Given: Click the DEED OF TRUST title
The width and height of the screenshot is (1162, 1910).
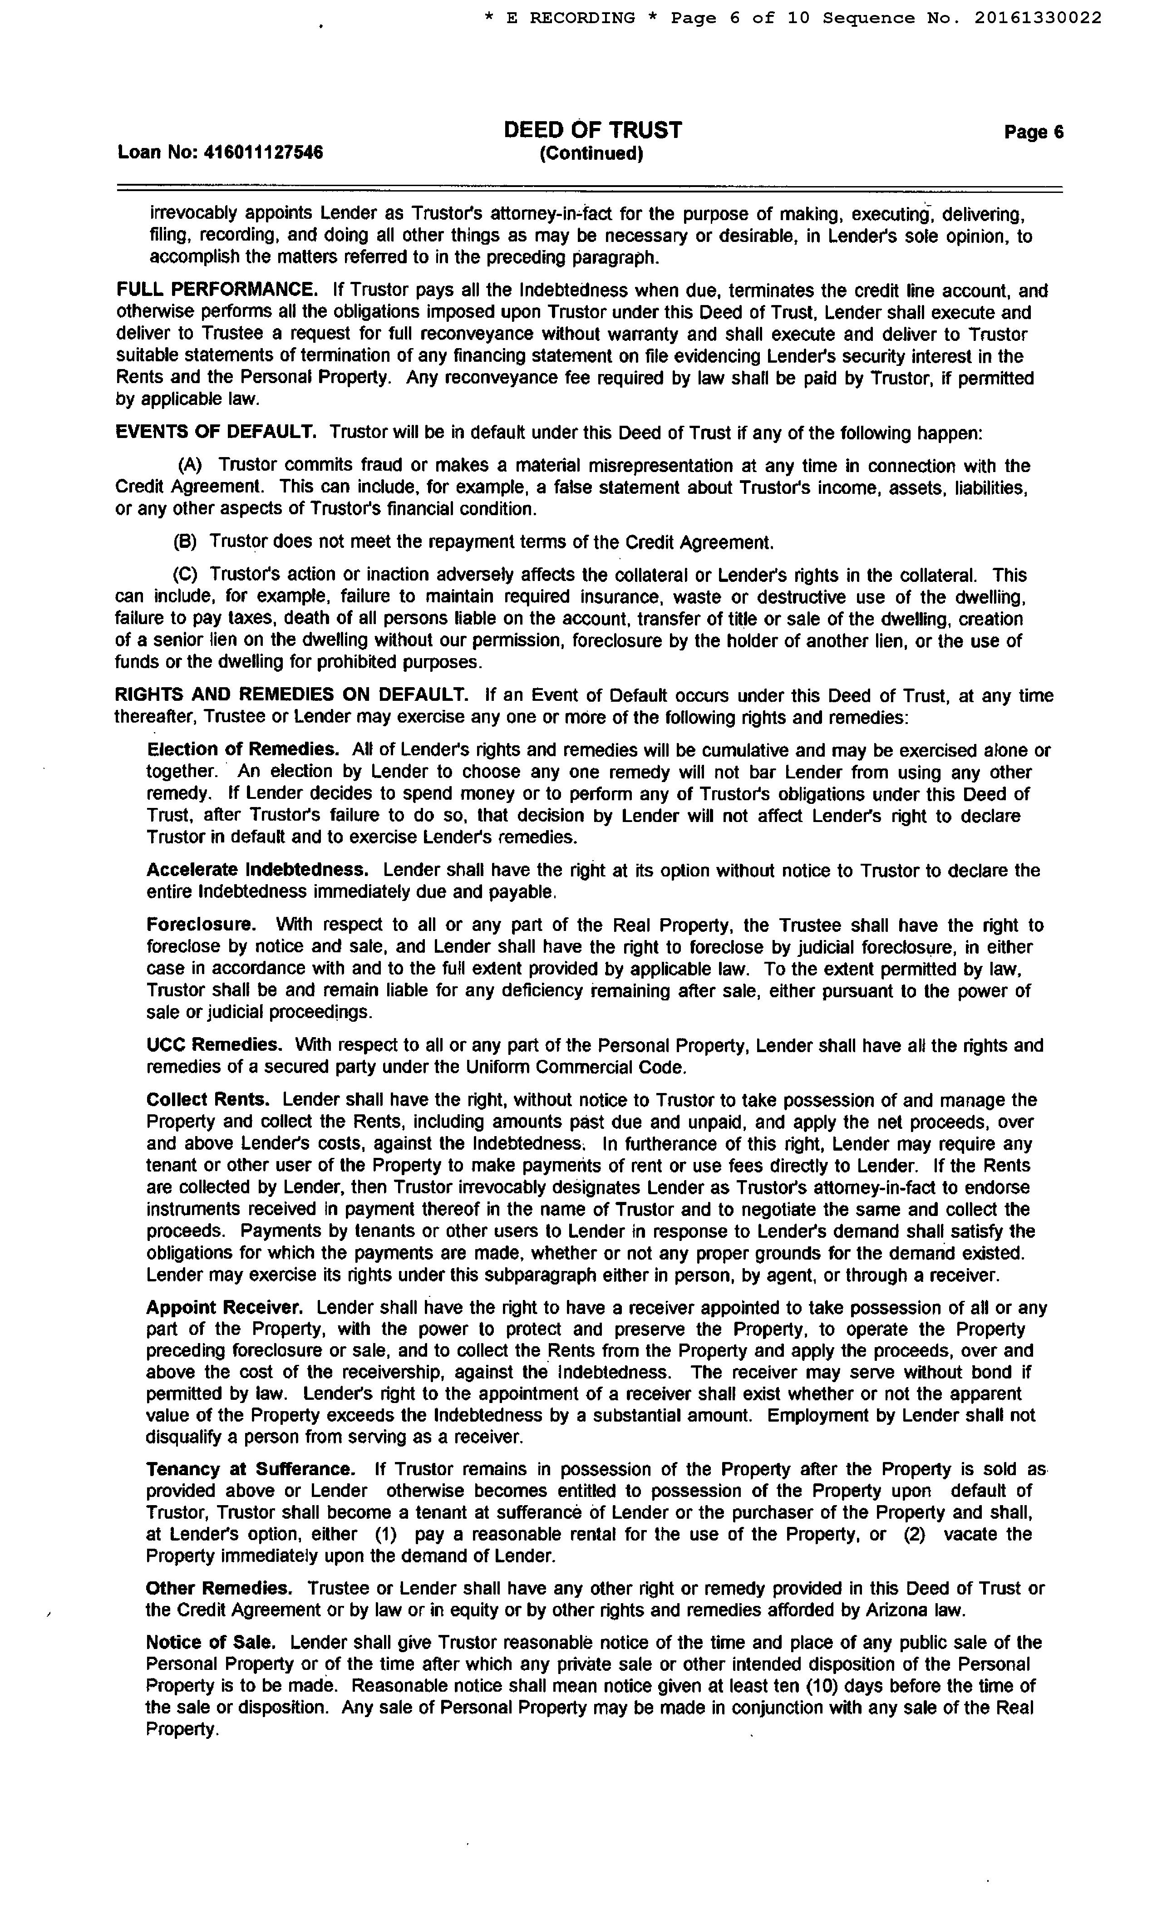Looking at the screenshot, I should pyautogui.click(x=592, y=130).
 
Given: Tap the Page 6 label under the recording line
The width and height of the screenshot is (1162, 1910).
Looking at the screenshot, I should pyautogui.click(x=1034, y=133).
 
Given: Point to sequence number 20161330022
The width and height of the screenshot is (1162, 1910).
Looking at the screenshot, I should pyautogui.click(x=1037, y=18).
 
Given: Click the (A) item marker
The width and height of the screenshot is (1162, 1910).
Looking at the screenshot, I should pyautogui.click(x=190, y=465).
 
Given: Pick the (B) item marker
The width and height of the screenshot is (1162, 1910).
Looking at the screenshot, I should pyautogui.click(x=184, y=542).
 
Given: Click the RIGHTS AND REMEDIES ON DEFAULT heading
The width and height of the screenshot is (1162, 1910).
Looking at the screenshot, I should pyautogui.click(x=291, y=695).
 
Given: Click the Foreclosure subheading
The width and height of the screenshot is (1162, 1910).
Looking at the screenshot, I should pyautogui.click(x=201, y=925).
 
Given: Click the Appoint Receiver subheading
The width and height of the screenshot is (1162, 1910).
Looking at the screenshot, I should pyautogui.click(x=225, y=1307).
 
